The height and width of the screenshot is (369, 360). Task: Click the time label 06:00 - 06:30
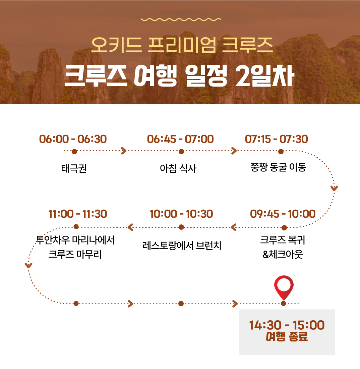click(73, 139)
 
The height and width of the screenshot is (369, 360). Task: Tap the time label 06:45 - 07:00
click(180, 139)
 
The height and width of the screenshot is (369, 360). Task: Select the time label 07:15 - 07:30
click(276, 139)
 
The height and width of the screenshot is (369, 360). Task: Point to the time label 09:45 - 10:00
click(283, 214)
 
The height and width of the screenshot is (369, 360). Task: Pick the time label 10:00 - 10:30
click(181, 214)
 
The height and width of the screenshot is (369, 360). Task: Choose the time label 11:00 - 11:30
click(77, 214)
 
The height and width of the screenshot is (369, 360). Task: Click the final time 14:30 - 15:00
click(287, 325)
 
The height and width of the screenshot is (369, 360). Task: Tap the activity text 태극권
click(74, 168)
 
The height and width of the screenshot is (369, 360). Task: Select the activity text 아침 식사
click(178, 168)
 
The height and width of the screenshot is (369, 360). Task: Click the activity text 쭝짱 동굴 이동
click(278, 167)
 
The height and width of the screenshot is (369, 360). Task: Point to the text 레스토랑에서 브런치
click(182, 246)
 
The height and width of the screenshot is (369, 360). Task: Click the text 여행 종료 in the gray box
click(287, 336)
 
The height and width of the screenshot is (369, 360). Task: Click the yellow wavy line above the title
click(181, 19)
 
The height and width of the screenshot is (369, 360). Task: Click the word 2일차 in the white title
click(265, 76)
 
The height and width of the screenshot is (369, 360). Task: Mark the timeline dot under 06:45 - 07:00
click(181, 152)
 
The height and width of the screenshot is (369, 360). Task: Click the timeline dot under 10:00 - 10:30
click(181, 227)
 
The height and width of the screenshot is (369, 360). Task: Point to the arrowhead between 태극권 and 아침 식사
click(124, 151)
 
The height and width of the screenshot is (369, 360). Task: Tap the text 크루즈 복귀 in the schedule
click(283, 240)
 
